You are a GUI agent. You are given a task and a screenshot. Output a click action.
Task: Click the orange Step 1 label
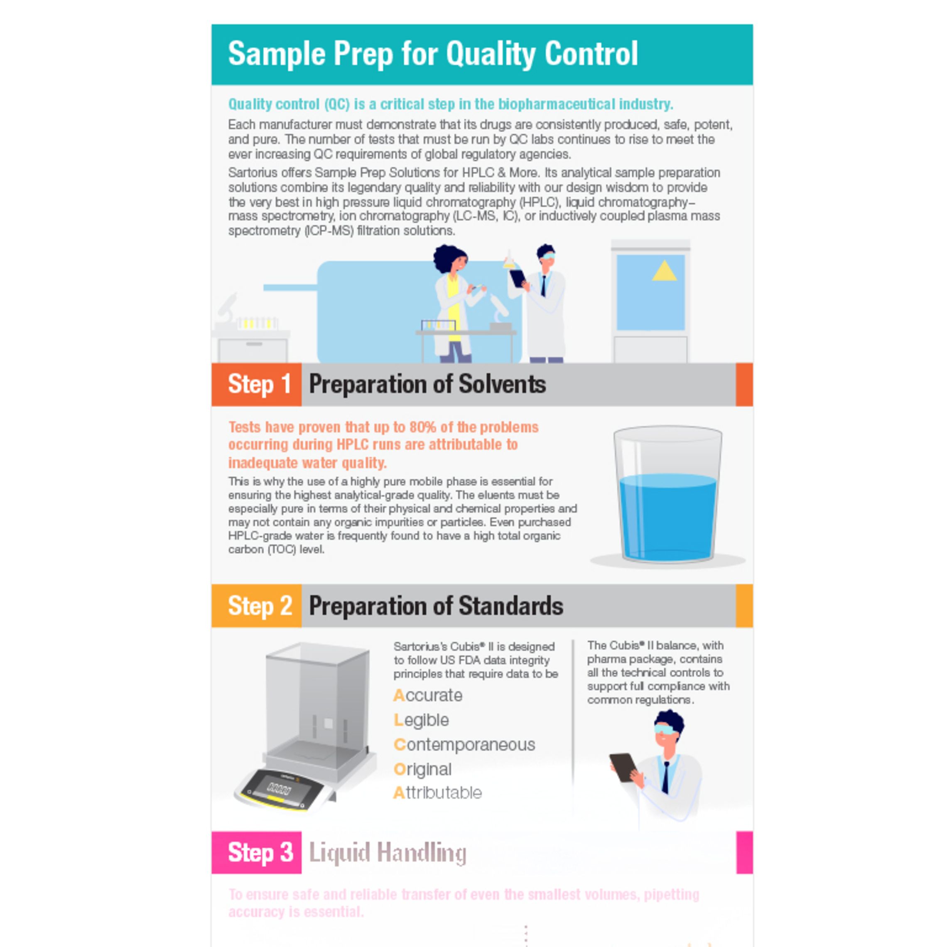click(256, 384)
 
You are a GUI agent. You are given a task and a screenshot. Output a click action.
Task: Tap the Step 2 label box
click(256, 606)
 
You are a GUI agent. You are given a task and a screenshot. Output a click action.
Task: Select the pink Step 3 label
click(256, 852)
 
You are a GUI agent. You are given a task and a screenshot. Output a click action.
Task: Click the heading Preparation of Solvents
click(427, 384)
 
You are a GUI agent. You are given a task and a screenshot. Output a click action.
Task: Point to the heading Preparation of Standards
click(436, 606)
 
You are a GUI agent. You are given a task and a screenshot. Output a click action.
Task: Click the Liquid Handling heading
click(387, 852)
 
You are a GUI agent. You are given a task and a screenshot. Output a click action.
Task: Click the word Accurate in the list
click(428, 696)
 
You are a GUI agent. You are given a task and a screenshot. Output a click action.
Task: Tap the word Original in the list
click(422, 769)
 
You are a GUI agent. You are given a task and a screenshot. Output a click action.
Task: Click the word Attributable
click(438, 792)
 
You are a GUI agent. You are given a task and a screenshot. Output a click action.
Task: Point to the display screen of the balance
click(278, 789)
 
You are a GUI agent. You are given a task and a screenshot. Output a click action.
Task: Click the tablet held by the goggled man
click(623, 767)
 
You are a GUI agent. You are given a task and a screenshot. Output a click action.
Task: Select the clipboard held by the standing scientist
click(517, 278)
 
